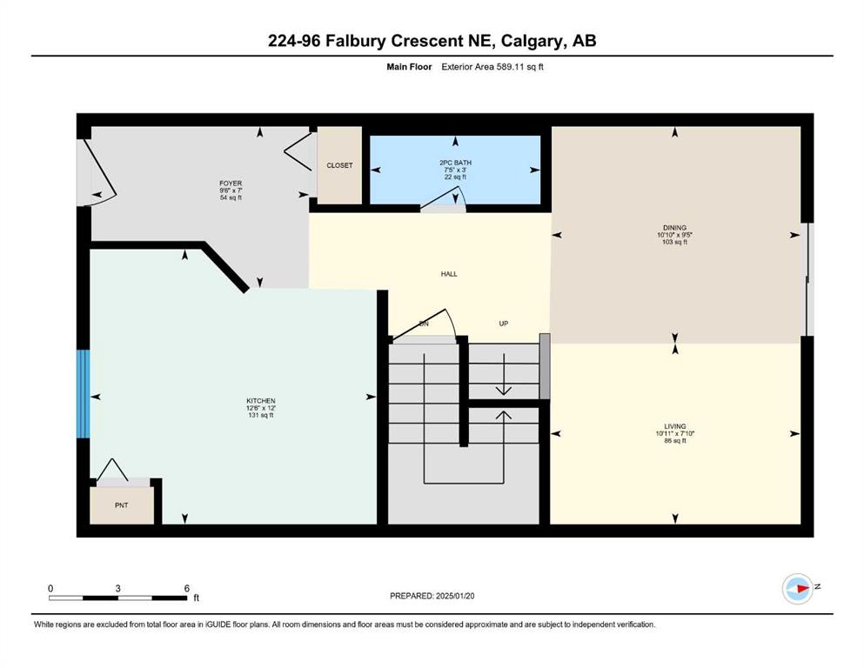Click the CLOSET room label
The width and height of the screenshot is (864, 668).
(x=339, y=165)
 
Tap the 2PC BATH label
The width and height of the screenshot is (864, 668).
(x=455, y=163)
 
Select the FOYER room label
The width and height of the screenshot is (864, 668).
(x=231, y=184)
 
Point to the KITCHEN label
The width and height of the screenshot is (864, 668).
(x=261, y=401)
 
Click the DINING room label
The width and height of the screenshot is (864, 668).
(x=674, y=227)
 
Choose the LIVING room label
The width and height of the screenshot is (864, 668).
(x=675, y=426)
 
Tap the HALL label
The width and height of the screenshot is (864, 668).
(x=449, y=274)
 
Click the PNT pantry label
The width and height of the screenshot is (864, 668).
(x=121, y=505)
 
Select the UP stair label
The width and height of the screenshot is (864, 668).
(x=503, y=324)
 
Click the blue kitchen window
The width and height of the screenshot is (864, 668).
(x=83, y=394)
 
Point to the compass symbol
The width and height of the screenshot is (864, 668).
(x=798, y=589)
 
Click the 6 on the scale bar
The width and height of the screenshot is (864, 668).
(x=187, y=588)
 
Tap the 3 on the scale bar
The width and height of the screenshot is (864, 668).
(x=118, y=588)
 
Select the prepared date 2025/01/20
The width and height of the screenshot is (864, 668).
(x=454, y=596)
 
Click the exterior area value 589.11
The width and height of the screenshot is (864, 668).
(x=510, y=67)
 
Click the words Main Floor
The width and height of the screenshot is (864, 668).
(x=409, y=67)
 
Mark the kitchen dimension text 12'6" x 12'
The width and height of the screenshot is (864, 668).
(x=261, y=408)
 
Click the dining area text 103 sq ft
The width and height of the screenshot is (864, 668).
(x=674, y=242)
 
